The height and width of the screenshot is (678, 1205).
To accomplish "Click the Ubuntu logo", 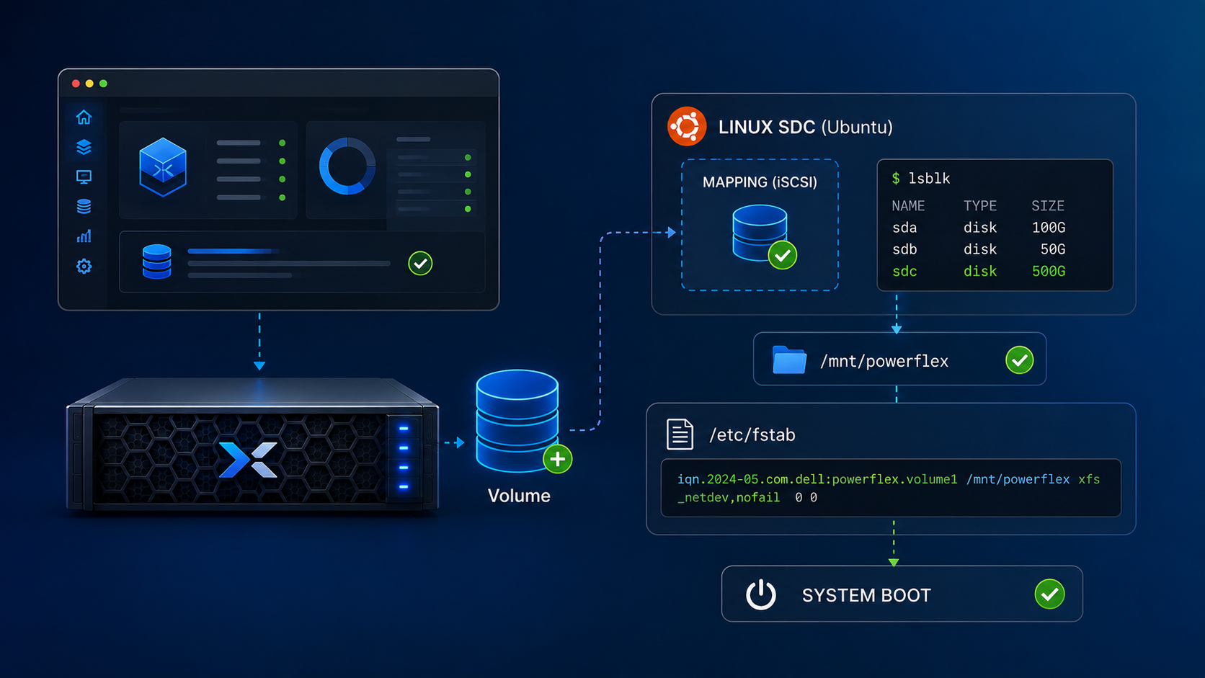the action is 686,126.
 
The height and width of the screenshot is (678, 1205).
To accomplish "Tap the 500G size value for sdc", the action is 1048,272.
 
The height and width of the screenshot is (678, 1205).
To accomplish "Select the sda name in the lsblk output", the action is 904,228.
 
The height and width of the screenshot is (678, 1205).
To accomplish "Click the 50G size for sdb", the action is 1053,249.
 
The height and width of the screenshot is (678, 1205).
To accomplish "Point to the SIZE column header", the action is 1047,206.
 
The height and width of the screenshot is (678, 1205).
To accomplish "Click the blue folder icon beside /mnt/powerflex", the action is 789,359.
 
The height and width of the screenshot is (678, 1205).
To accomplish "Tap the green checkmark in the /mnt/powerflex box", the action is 1019,360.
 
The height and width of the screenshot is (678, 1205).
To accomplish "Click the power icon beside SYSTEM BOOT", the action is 760,594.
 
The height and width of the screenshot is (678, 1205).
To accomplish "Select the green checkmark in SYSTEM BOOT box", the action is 1049,594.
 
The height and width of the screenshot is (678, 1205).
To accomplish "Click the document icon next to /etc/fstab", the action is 680,434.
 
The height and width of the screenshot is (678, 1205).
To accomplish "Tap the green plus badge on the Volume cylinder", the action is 557,459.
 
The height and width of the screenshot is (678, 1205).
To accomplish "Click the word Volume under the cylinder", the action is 519,496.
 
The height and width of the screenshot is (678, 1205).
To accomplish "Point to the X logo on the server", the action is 248,460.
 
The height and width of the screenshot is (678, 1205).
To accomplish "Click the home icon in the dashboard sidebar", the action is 84,117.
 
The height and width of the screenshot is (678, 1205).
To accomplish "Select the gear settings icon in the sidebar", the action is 84,266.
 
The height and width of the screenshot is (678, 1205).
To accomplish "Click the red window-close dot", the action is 76,84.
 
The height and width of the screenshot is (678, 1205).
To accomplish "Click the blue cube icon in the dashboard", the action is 163,167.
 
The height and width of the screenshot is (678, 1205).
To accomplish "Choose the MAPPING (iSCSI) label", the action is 760,182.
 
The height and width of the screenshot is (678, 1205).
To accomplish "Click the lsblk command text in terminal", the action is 929,179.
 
